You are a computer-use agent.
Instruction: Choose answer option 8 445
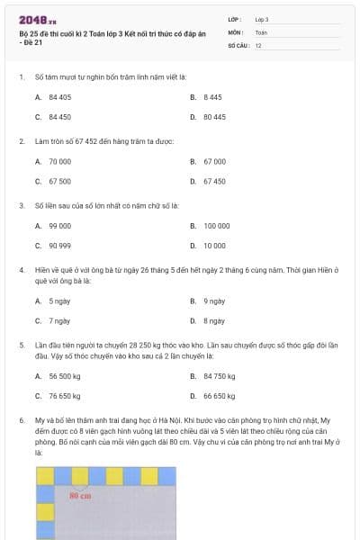point(212,96)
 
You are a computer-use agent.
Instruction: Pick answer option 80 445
point(214,117)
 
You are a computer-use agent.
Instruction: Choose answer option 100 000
point(217,225)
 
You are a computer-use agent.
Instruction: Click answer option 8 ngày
point(213,319)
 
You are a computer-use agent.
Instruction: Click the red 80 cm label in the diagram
point(80,495)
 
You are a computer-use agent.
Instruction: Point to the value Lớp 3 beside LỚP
point(262,19)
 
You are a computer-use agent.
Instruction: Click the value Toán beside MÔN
point(261,31)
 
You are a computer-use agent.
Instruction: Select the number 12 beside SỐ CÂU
point(258,44)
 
